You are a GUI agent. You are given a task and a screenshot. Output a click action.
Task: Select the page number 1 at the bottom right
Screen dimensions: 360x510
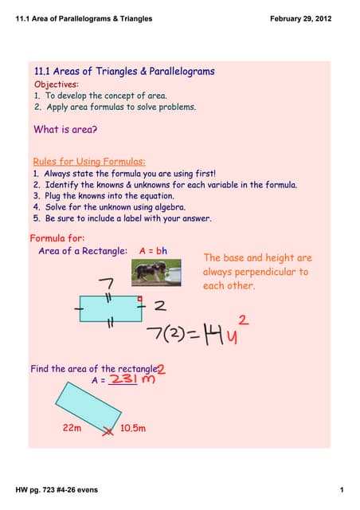point(340,489)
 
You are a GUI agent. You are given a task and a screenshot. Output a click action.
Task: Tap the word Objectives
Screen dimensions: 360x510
point(57,84)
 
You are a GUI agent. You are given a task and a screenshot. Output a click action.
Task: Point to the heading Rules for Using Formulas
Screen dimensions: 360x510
point(88,161)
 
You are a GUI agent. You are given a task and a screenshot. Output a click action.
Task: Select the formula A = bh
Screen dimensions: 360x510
point(153,251)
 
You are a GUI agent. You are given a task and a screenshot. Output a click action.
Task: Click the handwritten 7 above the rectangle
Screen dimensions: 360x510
point(106,284)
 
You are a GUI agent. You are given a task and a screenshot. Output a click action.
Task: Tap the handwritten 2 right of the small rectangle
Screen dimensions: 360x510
point(160,305)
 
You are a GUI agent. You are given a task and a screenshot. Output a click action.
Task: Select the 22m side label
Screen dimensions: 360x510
point(72,428)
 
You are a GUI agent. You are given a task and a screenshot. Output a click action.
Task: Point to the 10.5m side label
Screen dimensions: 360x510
point(133,428)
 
